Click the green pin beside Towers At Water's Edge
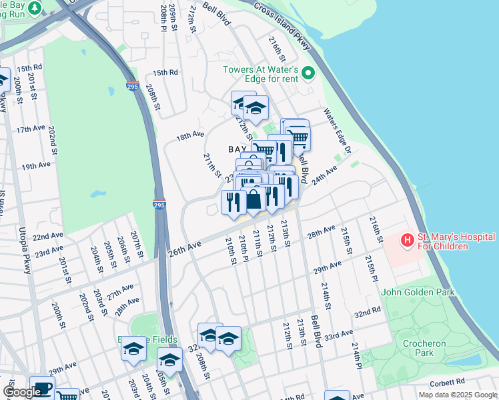[308, 73]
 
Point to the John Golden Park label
[418, 292]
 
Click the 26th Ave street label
[184, 247]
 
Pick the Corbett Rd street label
[448, 383]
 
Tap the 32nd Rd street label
[367, 313]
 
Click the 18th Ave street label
[189, 135]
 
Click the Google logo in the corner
[21, 392]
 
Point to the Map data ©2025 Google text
[457, 395]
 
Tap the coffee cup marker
[43, 388]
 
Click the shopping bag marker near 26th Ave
[254, 199]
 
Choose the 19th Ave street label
[36, 165]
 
